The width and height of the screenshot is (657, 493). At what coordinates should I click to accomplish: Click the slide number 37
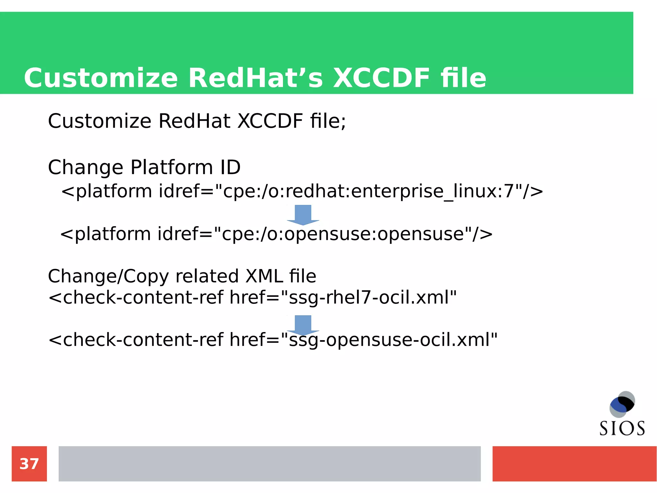coord(29,464)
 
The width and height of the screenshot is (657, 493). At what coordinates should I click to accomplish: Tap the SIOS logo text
coord(622,428)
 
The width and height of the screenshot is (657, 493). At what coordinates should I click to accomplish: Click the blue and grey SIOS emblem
coord(622,404)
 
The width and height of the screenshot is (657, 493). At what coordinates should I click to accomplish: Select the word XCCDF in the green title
coord(381,78)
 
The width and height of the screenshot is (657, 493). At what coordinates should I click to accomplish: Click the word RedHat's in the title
coord(256,78)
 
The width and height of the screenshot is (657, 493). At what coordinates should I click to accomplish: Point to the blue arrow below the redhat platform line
coord(303,215)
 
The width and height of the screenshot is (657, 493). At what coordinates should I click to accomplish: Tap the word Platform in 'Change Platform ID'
coord(172,167)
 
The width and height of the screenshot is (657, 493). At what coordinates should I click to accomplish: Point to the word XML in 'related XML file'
coord(264,276)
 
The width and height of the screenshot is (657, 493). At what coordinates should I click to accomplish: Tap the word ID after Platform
coord(230,167)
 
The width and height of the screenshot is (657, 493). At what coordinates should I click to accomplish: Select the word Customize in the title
coord(101,78)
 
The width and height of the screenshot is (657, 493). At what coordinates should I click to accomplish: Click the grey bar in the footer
coord(269,463)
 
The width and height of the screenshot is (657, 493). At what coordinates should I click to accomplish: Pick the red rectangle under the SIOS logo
coord(574,463)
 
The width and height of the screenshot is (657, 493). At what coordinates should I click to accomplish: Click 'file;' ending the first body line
coord(328,121)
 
